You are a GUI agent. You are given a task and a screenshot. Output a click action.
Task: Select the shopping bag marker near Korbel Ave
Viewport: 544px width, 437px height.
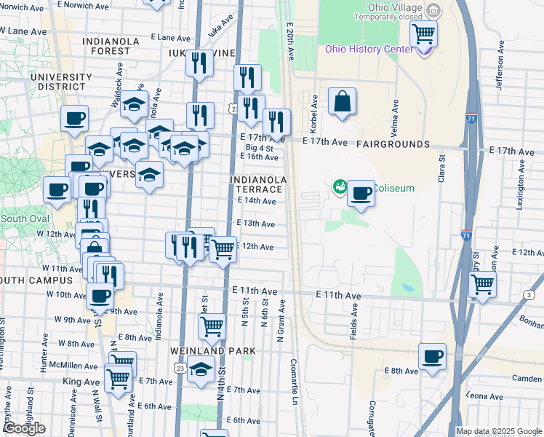342,103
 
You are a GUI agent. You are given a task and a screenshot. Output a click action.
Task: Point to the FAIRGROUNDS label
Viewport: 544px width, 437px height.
393,145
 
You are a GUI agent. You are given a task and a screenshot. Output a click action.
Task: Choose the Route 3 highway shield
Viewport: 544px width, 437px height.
529,294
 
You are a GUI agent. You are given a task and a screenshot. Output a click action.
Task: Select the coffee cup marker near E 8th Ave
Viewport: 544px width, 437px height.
433,358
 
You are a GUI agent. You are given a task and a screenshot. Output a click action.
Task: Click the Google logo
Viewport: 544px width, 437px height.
24,428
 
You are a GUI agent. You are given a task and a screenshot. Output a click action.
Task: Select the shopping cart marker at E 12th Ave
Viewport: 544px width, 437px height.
223,250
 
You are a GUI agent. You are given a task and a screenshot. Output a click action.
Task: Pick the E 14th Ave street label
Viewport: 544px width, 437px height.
255,201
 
